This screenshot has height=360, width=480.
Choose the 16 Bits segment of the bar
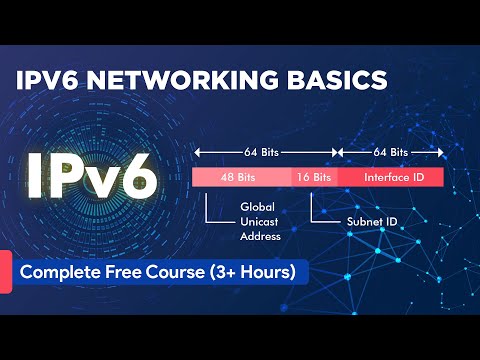(314, 177)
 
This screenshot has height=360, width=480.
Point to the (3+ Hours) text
(262, 272)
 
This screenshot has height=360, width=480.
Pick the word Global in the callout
(256, 207)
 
